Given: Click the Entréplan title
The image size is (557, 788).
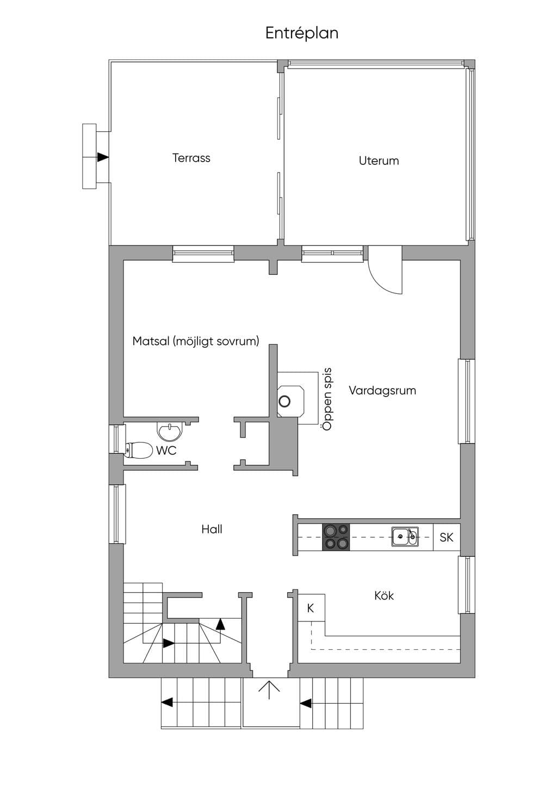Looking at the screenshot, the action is pyautogui.click(x=302, y=33).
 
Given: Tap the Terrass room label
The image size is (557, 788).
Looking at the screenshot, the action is pyautogui.click(x=191, y=158).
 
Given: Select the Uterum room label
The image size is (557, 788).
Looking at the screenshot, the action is pyautogui.click(x=379, y=161).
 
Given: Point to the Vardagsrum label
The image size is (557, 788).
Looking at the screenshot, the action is pyautogui.click(x=382, y=391).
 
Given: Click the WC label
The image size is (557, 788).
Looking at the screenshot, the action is pyautogui.click(x=166, y=450).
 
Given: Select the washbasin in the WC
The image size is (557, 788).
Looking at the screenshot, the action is pyautogui.click(x=170, y=431).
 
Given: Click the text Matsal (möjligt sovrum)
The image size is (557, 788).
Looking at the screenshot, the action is pyautogui.click(x=196, y=341).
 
